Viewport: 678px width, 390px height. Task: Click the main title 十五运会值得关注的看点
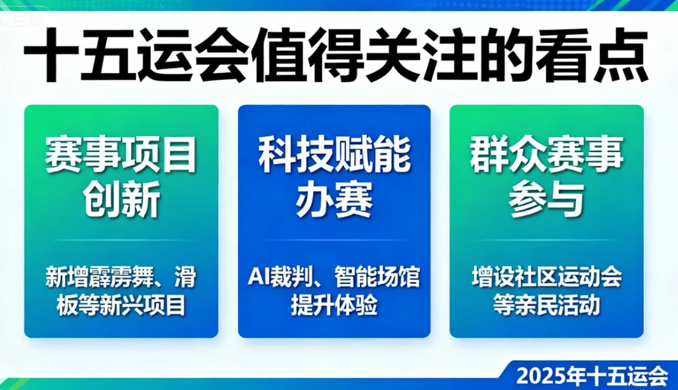tap(336, 55)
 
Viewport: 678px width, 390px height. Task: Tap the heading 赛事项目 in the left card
tap(121, 155)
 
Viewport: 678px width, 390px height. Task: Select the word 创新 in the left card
tap(121, 200)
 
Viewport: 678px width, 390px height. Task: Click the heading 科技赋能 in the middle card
tap(334, 155)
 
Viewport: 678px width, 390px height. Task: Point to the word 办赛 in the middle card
tap(334, 200)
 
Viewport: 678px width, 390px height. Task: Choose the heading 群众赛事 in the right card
tap(547, 155)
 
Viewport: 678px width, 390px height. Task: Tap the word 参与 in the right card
tap(547, 200)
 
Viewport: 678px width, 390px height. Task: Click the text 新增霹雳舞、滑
tap(121, 277)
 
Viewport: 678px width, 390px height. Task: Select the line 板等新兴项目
tap(121, 305)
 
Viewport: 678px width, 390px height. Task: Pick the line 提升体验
tap(334, 305)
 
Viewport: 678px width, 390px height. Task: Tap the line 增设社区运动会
tap(547, 277)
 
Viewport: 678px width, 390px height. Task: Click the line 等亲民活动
tap(547, 305)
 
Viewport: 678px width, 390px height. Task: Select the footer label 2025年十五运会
tap(593, 376)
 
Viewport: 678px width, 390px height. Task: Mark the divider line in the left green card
tap(121, 240)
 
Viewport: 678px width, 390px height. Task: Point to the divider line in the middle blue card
tap(334, 240)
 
